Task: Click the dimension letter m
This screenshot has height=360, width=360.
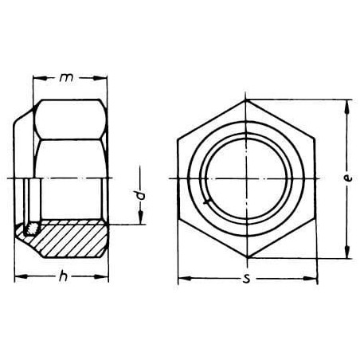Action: (x=66, y=78)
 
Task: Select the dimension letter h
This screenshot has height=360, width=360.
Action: (x=63, y=276)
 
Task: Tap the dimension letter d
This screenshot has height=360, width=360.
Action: (x=142, y=195)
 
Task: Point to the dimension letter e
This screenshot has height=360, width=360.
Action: (x=347, y=178)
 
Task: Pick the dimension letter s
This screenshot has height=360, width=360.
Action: (x=247, y=279)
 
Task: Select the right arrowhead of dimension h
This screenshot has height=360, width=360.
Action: (x=101, y=276)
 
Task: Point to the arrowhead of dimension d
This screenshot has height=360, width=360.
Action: (x=141, y=217)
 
